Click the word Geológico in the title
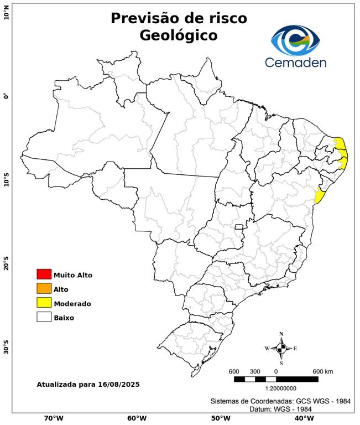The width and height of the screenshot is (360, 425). coord(179,35)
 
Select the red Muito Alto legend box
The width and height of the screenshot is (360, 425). coord(44,274)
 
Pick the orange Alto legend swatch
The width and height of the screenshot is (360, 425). coord(44,288)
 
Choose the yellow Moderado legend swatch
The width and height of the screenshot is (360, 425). coord(44,303)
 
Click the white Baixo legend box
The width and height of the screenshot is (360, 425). coord(44,317)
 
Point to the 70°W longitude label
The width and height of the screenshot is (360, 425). coord(53,418)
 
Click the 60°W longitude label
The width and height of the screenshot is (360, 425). coord(137,418)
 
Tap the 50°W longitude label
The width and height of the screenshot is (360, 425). coord(220,418)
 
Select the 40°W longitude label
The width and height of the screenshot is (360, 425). coord(302,418)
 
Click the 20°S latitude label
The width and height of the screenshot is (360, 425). coord(6,264)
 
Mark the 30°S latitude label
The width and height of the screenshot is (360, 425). coord(6,349)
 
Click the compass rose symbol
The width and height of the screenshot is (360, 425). coord(281,348)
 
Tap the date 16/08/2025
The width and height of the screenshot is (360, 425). coord(116,384)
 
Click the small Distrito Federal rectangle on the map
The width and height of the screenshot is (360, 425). coord(239,227)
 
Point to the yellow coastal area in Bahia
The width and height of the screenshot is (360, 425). coord(319,195)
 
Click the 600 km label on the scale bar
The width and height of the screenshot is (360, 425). coord(322,371)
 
